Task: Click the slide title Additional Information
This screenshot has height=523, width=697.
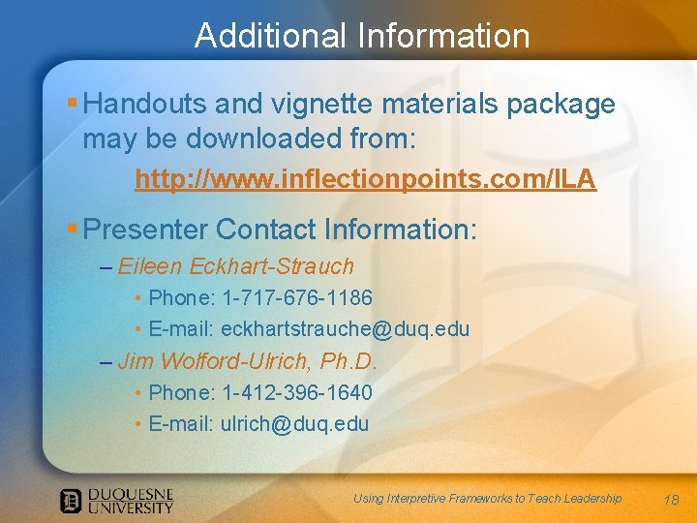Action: (362, 36)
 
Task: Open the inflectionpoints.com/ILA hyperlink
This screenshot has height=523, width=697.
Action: (365, 180)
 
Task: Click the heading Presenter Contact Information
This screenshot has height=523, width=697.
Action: (281, 230)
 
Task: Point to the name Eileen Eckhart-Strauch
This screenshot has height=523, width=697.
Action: (236, 266)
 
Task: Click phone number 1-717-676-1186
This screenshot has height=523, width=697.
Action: (297, 297)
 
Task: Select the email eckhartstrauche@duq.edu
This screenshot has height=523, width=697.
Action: (345, 329)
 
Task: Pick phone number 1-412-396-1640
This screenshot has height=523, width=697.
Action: (297, 392)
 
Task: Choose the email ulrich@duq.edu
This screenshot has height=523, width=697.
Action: (294, 424)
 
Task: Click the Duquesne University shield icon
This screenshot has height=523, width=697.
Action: (71, 501)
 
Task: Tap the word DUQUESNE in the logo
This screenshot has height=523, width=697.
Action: (131, 493)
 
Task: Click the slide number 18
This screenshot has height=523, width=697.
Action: (672, 500)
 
